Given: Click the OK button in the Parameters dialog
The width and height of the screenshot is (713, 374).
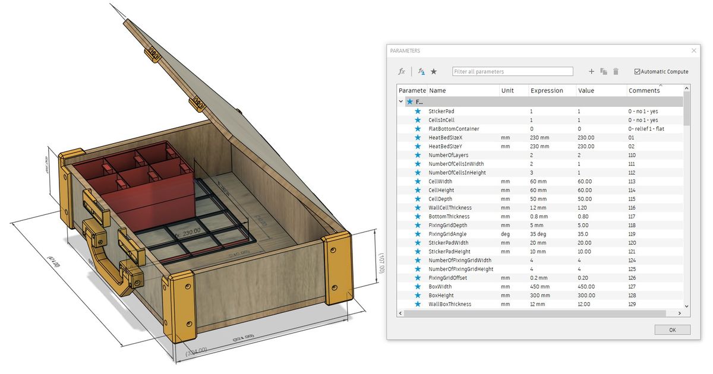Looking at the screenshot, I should tap(672, 329).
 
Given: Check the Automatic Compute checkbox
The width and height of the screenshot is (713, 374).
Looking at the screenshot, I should tap(638, 72).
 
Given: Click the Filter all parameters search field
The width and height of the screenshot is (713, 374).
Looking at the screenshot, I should tap(512, 71).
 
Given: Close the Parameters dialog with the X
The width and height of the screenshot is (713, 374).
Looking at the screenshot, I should tap(693, 51).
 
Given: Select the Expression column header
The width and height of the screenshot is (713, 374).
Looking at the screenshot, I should tap(547, 91).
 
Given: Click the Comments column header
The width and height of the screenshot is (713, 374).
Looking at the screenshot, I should tap(644, 91).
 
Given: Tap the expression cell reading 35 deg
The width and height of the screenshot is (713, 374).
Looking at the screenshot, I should tap(541, 234).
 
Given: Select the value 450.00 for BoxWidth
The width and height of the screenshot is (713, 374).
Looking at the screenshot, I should tap(586, 287).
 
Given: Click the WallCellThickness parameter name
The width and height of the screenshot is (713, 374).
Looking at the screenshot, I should tap(450, 208).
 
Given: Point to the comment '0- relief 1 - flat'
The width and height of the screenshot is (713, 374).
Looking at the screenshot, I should tap(649, 129).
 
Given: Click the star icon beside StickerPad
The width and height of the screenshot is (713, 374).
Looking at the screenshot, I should tap(418, 111).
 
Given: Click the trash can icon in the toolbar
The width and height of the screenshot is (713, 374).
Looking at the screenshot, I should tap(616, 71).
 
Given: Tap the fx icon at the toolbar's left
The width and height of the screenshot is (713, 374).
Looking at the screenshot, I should tap(402, 71).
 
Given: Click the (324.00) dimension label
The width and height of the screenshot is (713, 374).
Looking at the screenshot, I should tap(197, 352).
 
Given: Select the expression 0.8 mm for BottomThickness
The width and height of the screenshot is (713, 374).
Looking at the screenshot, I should tap(540, 217).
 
